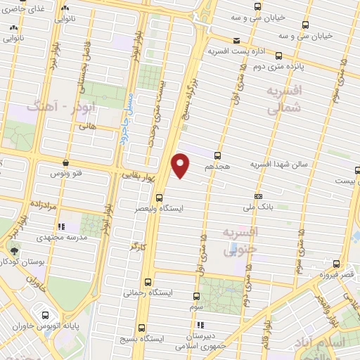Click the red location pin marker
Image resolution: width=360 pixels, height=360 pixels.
pos(181,166)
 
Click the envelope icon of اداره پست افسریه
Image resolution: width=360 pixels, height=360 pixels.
pos(237,41)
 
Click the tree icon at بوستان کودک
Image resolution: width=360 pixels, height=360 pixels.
pos(15,250)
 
